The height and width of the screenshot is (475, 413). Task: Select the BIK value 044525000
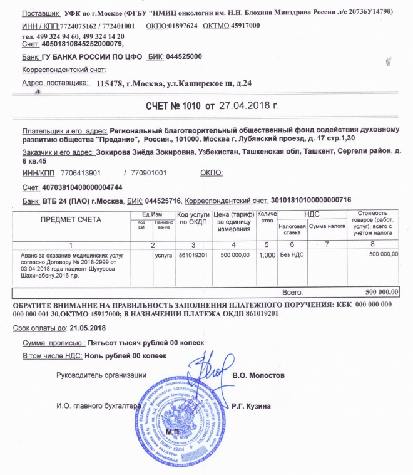(184, 56)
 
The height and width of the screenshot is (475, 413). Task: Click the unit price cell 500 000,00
(232, 255)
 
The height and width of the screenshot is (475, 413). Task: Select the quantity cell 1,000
(267, 255)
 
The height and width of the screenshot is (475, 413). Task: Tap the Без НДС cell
(291, 255)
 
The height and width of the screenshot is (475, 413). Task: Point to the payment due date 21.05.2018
(88, 328)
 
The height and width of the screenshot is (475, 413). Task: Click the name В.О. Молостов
(258, 375)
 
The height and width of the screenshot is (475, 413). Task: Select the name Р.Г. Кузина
(251, 406)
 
